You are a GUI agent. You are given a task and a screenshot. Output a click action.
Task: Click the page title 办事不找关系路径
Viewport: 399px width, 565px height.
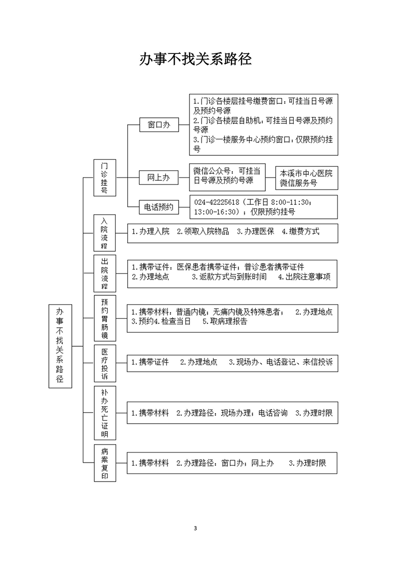point(196,59)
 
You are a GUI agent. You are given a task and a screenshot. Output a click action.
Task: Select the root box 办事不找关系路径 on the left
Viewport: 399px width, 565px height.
point(60,346)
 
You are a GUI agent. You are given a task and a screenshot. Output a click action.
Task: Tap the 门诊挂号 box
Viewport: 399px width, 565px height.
point(105,178)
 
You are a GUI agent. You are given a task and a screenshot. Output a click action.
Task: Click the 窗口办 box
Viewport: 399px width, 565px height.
point(159,125)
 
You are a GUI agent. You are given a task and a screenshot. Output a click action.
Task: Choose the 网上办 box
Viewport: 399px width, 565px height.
point(159,178)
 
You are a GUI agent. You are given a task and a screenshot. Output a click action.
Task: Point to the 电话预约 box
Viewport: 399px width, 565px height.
point(159,207)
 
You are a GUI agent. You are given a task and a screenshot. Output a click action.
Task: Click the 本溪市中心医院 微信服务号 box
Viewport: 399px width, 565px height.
point(307,178)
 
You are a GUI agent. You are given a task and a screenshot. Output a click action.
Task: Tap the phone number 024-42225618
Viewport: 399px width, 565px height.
point(216,202)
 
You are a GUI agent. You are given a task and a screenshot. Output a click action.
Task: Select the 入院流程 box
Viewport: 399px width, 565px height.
point(105,233)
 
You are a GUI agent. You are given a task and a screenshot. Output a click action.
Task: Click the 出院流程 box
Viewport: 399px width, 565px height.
point(105,273)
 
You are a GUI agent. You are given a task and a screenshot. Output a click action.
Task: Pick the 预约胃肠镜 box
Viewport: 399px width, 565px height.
point(105,318)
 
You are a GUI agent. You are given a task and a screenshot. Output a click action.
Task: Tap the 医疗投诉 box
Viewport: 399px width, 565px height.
point(105,363)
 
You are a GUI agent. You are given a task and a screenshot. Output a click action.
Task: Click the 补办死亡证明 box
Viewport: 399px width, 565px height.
point(105,413)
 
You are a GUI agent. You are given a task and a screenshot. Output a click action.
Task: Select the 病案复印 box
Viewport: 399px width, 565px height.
point(105,463)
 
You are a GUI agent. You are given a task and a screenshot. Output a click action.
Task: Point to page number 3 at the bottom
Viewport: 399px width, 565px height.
point(196,529)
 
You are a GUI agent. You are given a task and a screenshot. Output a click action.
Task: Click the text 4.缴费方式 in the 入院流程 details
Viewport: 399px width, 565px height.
point(300,231)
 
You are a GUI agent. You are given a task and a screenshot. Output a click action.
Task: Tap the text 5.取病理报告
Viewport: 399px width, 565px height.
point(225,321)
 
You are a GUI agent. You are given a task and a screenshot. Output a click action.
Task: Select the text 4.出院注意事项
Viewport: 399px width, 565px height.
point(304,277)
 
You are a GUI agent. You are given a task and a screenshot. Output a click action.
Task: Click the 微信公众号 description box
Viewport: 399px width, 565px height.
point(227,177)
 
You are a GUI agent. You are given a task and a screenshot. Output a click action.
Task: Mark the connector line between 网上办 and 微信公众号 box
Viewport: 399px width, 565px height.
point(184,178)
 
